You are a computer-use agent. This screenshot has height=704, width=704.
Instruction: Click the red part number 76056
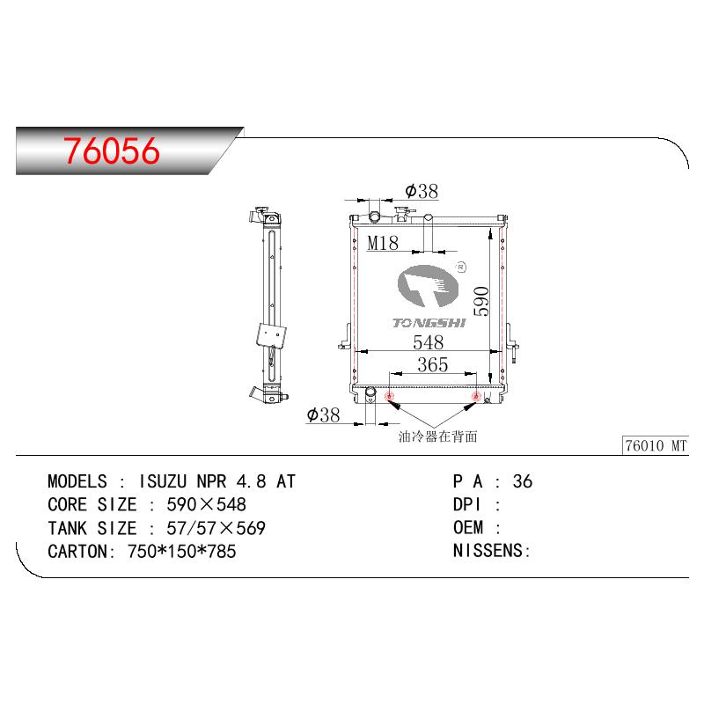[112, 150]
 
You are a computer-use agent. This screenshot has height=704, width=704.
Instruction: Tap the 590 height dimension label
[480, 301]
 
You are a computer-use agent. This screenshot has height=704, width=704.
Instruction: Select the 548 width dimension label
[429, 342]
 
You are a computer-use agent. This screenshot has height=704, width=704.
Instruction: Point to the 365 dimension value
[433, 364]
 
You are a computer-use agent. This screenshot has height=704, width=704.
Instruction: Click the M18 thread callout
[383, 244]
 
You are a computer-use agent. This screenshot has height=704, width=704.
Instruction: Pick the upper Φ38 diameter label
[422, 191]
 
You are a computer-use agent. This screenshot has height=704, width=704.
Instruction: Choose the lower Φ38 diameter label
[323, 414]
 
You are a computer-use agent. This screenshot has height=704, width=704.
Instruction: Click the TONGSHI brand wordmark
[429, 323]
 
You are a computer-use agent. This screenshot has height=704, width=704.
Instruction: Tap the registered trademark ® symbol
[460, 268]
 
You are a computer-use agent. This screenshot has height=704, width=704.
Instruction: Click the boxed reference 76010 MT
[656, 445]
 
